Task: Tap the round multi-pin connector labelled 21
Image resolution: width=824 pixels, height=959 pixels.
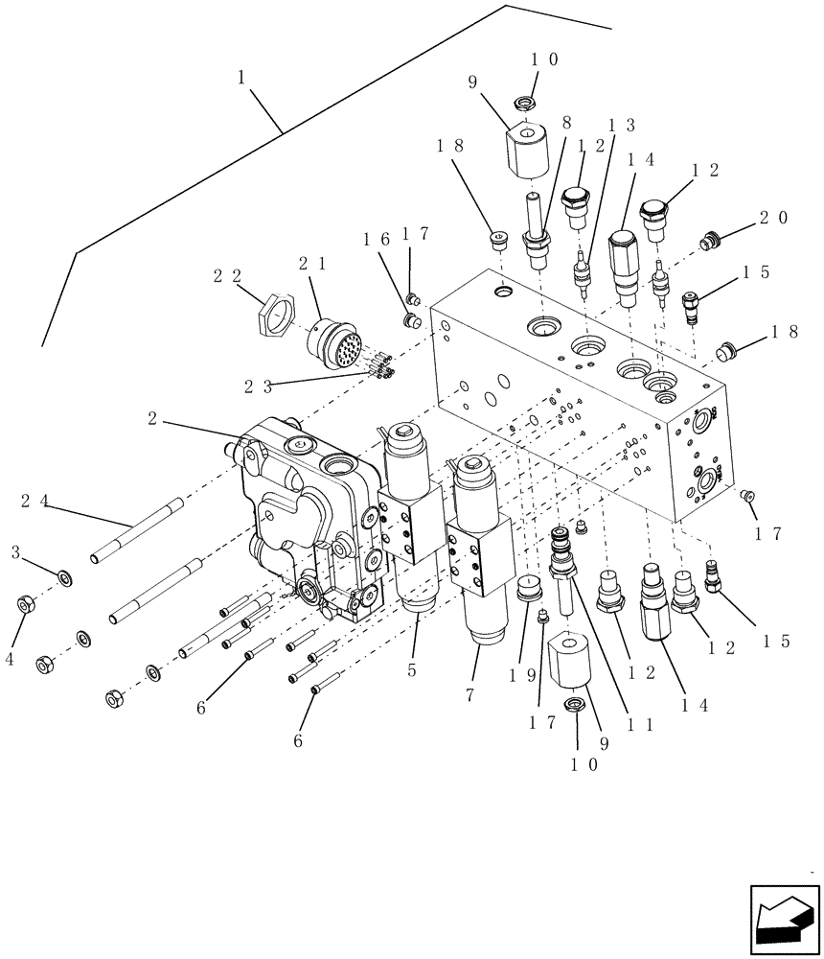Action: point(332,343)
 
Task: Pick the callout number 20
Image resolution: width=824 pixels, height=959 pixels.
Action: point(774,219)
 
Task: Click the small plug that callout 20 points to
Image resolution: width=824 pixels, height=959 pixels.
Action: point(709,242)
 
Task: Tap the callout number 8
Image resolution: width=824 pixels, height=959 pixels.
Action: point(566,124)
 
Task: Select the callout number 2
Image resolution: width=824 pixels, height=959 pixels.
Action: point(153,419)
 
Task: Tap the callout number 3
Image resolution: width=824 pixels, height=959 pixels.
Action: point(16,552)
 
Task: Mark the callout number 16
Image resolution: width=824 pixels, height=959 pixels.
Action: point(376,238)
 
